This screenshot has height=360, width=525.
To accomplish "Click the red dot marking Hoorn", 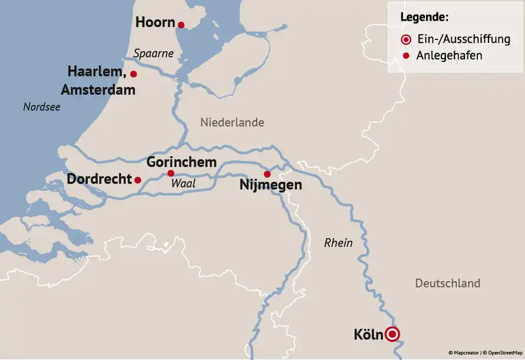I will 181,25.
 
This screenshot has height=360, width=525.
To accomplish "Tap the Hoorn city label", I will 155,23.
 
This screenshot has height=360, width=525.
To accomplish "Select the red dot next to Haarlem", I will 134,74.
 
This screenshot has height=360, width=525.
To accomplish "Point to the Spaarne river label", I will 154,54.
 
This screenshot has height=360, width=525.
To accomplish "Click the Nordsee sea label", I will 41,107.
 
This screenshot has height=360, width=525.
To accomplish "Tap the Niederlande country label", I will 232,122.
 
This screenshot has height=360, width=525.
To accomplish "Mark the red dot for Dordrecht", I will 138,180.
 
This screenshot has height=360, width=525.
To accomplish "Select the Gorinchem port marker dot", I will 171,173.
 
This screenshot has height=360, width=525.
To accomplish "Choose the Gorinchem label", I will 181,162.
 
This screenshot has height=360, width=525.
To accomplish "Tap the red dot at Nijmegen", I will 267,174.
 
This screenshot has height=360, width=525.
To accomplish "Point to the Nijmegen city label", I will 271,185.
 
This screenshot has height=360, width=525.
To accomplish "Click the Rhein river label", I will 338,242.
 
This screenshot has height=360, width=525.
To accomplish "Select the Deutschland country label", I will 447,283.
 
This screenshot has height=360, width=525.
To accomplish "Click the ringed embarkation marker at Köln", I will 393,335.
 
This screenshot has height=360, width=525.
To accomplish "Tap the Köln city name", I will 368,335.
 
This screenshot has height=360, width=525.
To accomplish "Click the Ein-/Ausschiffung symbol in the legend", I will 405,40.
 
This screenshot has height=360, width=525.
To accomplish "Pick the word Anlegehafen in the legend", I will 449,56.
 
